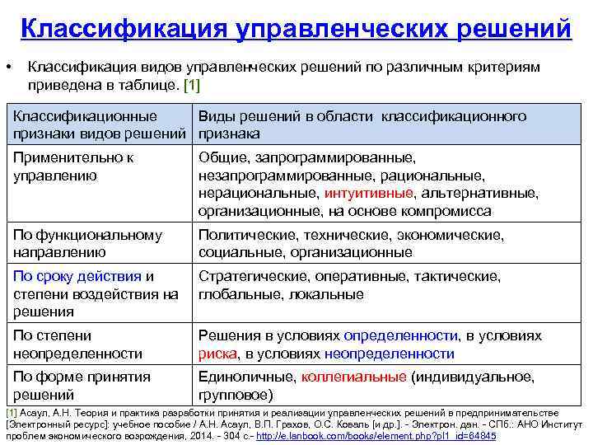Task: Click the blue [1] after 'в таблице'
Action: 190,85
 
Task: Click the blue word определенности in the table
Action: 400,335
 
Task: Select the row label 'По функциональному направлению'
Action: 87,244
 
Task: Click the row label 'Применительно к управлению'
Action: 73,166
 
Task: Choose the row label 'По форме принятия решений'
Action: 82,386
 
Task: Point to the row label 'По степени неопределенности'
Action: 77,344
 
